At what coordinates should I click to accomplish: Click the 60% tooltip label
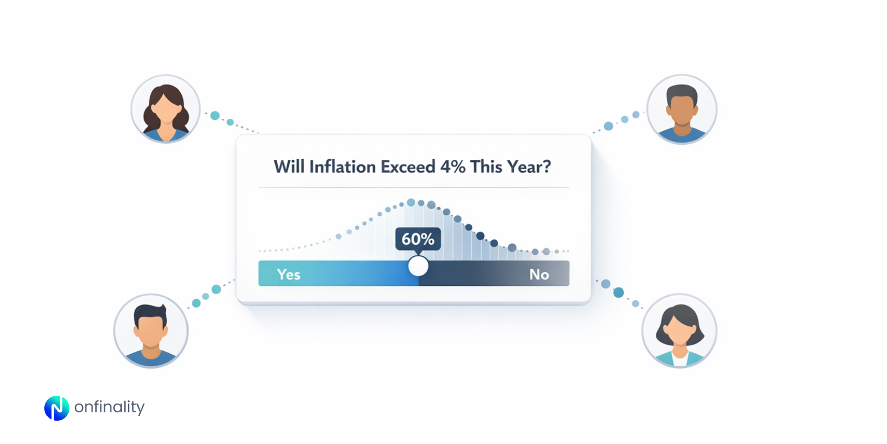(418, 239)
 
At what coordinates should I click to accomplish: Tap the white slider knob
(419, 266)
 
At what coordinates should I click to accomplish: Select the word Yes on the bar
(288, 274)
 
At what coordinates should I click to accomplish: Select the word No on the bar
(539, 274)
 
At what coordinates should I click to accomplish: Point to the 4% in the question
(452, 167)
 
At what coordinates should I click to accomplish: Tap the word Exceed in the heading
(408, 167)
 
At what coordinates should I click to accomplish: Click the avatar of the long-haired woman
(165, 109)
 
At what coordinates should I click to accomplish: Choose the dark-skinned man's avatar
(682, 109)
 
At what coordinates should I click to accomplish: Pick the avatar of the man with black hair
(151, 331)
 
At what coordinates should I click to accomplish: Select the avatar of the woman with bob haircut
(679, 331)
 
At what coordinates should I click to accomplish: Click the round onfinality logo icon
(57, 408)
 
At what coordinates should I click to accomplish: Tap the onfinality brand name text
(109, 407)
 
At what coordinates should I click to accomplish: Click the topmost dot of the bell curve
(411, 203)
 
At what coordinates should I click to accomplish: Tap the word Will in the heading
(289, 167)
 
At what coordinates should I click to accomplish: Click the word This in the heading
(486, 167)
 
